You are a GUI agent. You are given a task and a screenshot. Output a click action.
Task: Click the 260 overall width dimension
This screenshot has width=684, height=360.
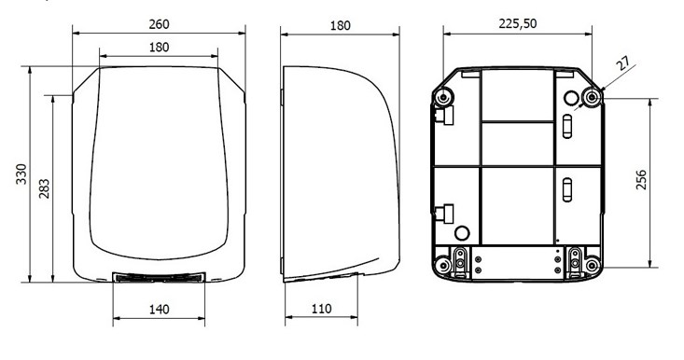[159, 24]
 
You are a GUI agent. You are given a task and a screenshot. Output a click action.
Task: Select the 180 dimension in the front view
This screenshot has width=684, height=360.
[159, 47]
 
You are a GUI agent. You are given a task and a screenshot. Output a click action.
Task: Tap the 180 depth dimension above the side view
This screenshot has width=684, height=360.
[340, 26]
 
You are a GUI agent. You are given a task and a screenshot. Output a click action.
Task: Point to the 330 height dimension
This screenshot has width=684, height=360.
[21, 173]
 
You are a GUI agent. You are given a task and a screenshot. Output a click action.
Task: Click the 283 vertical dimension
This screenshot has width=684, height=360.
[45, 188]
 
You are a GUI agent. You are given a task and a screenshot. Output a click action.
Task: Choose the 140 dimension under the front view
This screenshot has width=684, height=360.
[159, 310]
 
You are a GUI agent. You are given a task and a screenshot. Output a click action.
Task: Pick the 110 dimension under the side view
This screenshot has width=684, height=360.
[322, 309]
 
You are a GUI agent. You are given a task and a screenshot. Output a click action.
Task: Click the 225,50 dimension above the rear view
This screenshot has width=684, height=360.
[518, 24]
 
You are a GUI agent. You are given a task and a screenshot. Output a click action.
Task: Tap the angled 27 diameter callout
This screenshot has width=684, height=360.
[624, 64]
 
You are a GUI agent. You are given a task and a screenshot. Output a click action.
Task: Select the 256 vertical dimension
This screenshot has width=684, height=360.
[641, 180]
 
